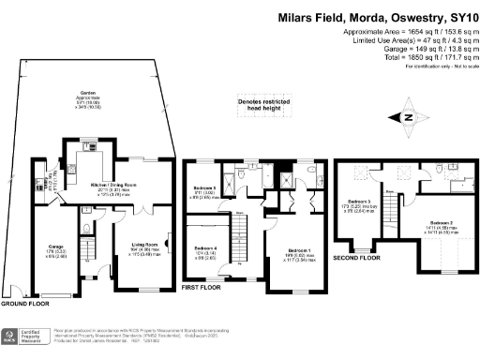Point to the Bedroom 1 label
[x=297, y=252]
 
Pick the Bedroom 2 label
[x=432, y=227]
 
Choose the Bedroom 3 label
[x=361, y=203]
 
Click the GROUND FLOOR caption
[x=25, y=305]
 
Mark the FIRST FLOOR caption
[x=201, y=288]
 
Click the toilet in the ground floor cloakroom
[x=86, y=226]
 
